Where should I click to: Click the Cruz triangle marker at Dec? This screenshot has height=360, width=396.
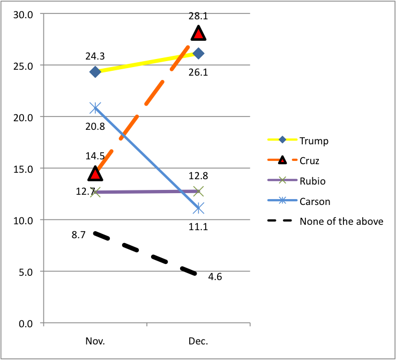(x=199, y=33)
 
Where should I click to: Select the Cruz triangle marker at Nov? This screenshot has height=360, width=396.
(x=95, y=173)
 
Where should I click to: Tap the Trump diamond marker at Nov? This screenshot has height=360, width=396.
(x=95, y=72)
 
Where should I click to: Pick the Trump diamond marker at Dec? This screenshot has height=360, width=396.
(x=199, y=53)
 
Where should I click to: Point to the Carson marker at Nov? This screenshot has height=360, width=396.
(x=95, y=108)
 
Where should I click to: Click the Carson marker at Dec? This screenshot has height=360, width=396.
(x=199, y=208)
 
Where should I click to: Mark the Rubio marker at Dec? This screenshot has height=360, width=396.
(x=199, y=191)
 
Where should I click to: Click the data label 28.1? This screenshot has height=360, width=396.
(x=198, y=17)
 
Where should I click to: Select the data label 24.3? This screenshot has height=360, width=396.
(x=95, y=55)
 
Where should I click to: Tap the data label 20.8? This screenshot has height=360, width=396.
(x=95, y=127)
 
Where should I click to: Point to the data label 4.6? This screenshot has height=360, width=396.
(x=215, y=277)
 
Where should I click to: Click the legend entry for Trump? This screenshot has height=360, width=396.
(x=314, y=141)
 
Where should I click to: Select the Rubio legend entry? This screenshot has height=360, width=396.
(x=313, y=181)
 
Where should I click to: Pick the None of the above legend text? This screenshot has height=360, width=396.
(x=341, y=221)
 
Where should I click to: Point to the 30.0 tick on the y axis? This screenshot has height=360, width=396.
(x=24, y=14)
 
